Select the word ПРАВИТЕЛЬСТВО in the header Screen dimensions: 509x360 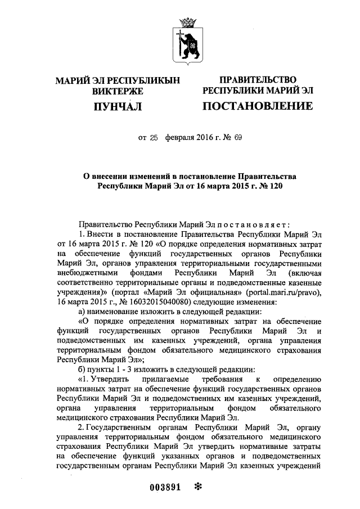point(258,80)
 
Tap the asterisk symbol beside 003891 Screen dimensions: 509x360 point(197,487)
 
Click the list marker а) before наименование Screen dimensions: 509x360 point(82,312)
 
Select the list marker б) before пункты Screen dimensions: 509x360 point(82,369)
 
